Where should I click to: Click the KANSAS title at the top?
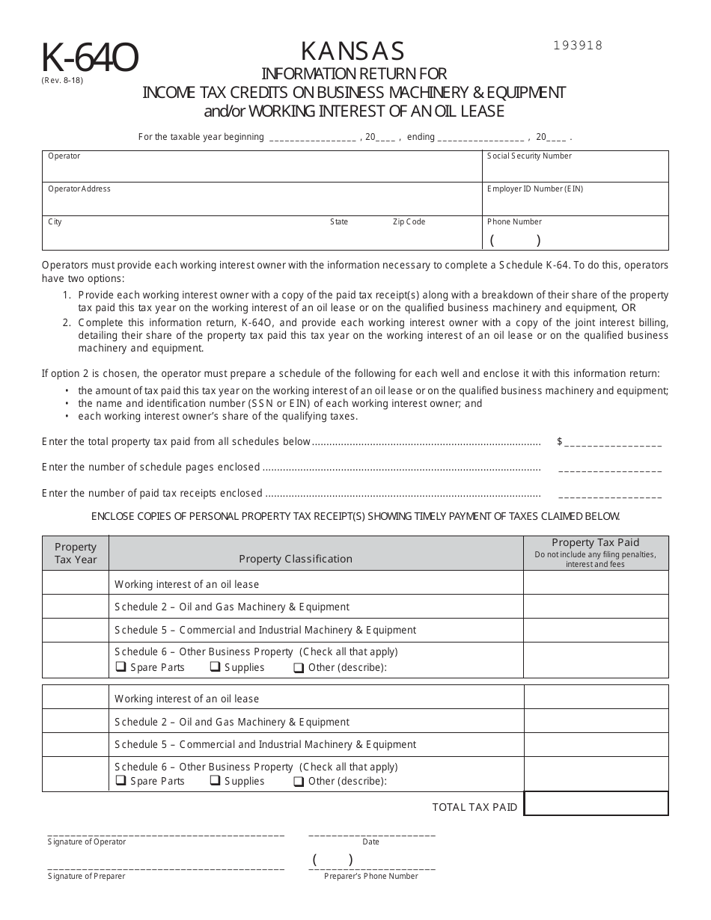(x=353, y=51)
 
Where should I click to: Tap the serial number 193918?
(x=577, y=45)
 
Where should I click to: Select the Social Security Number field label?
(x=529, y=156)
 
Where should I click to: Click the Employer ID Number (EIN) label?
(x=534, y=189)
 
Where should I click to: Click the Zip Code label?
(x=409, y=222)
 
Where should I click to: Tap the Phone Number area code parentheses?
(x=515, y=241)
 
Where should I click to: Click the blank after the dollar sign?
(x=613, y=443)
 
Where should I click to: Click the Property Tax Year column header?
(x=76, y=553)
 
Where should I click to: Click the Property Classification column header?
(x=296, y=559)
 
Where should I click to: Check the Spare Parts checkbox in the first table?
(x=120, y=667)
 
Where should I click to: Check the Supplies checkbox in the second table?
(x=214, y=781)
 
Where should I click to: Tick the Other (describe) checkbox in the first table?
(x=298, y=668)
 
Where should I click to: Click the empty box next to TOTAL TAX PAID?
(x=596, y=804)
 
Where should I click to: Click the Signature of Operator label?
(x=87, y=842)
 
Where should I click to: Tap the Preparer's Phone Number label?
(x=371, y=876)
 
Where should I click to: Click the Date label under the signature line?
(x=370, y=842)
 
